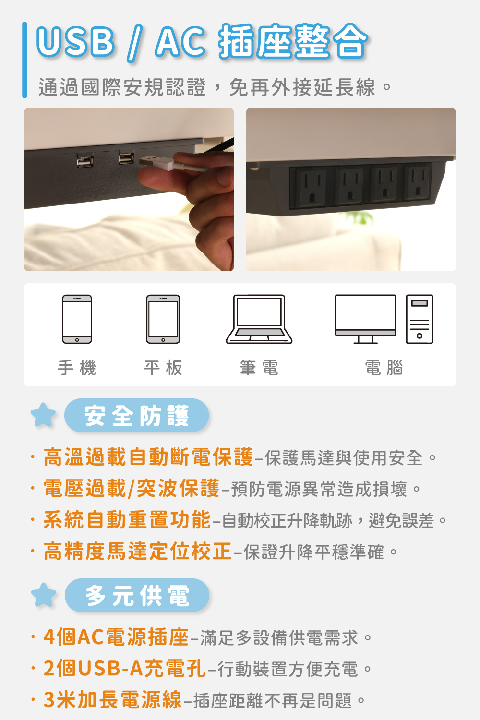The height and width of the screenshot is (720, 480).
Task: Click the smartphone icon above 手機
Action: click(77, 319)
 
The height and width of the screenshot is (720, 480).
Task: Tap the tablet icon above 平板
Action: click(163, 319)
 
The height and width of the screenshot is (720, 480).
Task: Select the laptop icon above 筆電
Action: click(259, 319)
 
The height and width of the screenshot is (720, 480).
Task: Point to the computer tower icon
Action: click(419, 319)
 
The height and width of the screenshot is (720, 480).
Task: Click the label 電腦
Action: click(384, 368)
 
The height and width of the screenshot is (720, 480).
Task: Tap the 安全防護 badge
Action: click(137, 415)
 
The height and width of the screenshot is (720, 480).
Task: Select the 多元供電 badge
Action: click(137, 595)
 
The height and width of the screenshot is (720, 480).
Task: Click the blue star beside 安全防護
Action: click(43, 415)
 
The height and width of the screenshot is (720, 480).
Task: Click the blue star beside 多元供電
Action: click(43, 595)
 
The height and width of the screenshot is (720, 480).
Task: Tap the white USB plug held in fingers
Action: click(156, 162)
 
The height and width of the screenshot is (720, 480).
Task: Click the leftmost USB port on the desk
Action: click(85, 161)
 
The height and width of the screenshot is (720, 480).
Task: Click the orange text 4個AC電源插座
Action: click(116, 637)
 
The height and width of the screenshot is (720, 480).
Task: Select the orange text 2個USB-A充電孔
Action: click(124, 668)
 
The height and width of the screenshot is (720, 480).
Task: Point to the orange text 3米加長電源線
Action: click(112, 699)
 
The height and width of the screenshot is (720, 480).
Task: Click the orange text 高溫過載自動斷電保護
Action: click(148, 457)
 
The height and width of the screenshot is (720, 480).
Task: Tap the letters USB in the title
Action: click(75, 42)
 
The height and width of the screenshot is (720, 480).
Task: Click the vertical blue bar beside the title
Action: click(24, 60)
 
